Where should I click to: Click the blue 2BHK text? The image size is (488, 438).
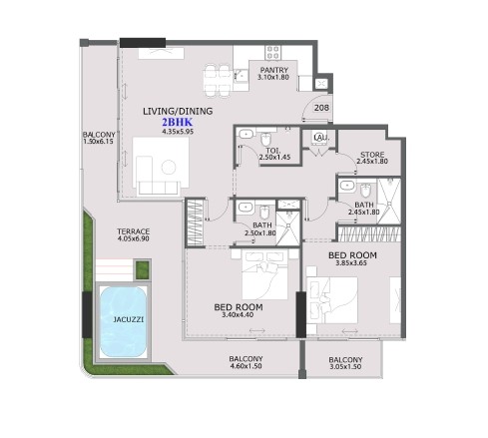pos(178,123)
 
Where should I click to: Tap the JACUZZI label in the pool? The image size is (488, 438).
pos(129,319)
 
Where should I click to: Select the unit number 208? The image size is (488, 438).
pos(321,108)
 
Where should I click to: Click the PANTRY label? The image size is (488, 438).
pos(274,70)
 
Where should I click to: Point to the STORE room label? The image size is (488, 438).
pos(372,155)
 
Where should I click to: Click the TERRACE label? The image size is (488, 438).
pos(133,231)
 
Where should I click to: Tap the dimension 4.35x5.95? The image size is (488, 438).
pos(178,132)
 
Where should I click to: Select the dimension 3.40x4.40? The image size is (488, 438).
pos(238,314)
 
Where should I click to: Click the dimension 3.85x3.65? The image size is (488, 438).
pos(352,263)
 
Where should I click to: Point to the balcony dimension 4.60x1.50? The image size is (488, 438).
pos(245,366)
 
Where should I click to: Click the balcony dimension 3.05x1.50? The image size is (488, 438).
pos(345,367)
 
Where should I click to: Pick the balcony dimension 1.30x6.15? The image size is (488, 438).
pos(99,142)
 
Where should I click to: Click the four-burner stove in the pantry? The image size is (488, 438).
pos(273,53)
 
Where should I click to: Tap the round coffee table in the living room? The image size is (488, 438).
pos(169,167)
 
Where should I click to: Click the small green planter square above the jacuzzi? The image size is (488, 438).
pos(143,270)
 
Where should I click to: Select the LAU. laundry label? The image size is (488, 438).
pos(320,138)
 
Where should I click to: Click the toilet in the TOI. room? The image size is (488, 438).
pos(265,140)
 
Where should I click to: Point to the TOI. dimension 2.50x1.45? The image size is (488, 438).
pos(274,158)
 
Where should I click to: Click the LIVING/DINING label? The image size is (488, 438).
pos(178,111)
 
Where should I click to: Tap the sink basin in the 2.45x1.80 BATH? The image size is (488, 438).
pos(347,186)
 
